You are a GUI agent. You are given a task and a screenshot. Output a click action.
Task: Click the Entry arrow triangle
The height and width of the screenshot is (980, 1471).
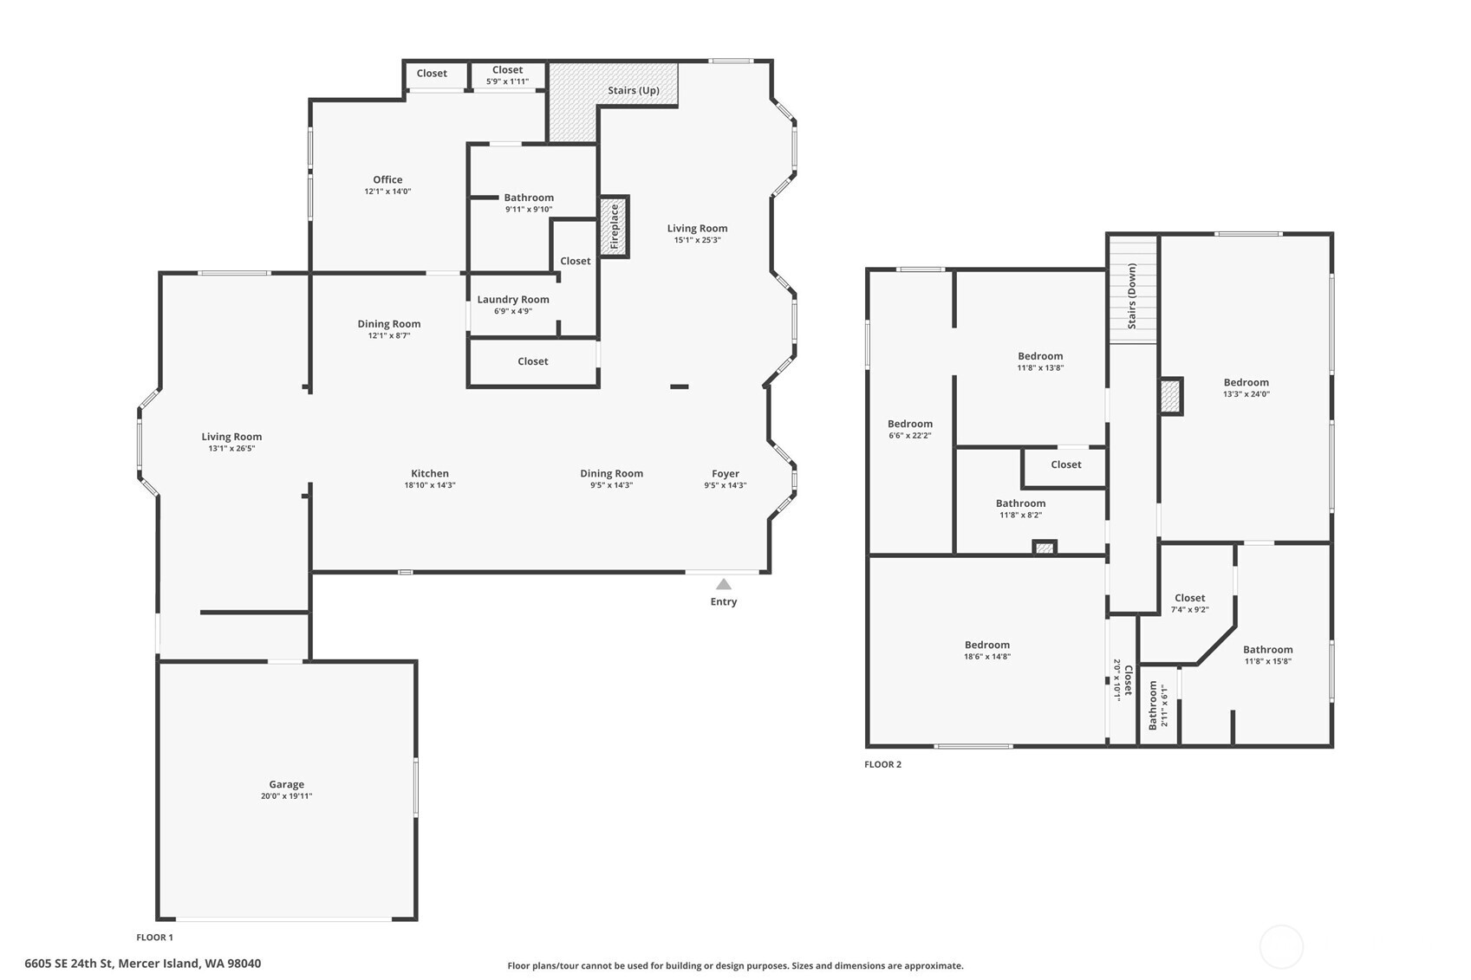723,584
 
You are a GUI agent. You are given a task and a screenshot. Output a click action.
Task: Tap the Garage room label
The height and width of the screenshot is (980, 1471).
286,783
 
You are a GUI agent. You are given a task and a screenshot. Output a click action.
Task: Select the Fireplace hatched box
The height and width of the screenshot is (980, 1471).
615,226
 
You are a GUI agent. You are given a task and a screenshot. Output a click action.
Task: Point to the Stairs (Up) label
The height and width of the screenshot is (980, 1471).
633,91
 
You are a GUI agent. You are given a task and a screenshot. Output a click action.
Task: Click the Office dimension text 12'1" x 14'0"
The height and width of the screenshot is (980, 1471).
387,191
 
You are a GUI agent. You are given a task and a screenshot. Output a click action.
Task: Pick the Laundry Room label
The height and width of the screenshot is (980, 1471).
513,299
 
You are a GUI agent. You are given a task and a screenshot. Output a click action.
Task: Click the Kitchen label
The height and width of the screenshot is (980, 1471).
430,473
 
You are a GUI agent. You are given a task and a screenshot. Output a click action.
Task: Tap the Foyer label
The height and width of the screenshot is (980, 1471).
726,474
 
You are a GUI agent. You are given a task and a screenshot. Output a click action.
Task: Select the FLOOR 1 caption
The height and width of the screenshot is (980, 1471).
155,938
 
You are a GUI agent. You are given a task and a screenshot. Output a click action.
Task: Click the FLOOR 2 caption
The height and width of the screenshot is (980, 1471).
882,765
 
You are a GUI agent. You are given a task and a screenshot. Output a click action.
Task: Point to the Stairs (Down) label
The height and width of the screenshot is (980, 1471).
1132,296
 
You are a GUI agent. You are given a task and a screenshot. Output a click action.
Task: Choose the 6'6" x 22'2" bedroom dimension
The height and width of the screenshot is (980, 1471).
910,436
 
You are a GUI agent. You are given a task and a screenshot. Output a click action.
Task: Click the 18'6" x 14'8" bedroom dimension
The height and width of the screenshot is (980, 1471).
987,657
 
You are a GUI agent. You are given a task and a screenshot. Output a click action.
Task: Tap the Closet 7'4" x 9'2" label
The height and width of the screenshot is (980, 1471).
1190,603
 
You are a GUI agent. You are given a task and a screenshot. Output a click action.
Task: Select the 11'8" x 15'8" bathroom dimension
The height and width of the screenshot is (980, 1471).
1268,662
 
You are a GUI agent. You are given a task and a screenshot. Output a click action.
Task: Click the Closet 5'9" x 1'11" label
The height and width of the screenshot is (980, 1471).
508,75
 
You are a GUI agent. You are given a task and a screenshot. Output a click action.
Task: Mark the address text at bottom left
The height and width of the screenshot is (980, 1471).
142,964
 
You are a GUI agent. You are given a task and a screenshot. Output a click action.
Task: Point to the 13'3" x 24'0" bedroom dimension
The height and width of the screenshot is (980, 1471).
1246,394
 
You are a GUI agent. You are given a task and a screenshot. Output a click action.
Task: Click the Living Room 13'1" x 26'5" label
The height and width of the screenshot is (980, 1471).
231,443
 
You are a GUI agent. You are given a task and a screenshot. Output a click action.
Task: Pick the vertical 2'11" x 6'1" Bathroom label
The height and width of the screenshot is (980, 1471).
1158,705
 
